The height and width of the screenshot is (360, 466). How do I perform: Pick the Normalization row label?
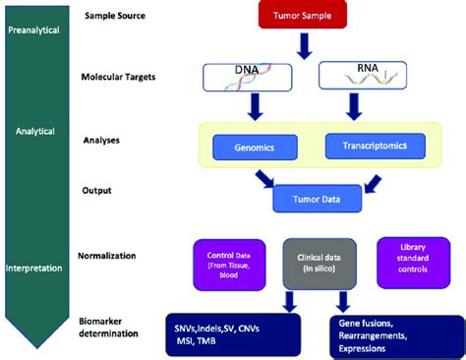click(115, 256)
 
